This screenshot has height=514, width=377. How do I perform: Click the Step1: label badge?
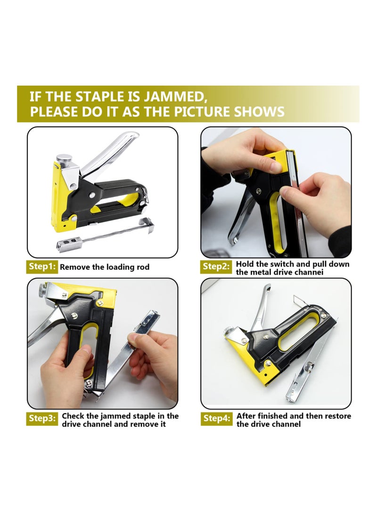(x=42, y=267)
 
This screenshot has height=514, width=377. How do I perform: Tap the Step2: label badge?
(x=216, y=267)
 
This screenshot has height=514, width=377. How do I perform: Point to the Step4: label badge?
(x=216, y=418)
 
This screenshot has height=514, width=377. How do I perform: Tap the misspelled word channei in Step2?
(x=309, y=272)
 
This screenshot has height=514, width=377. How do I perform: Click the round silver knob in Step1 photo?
(x=64, y=159)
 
